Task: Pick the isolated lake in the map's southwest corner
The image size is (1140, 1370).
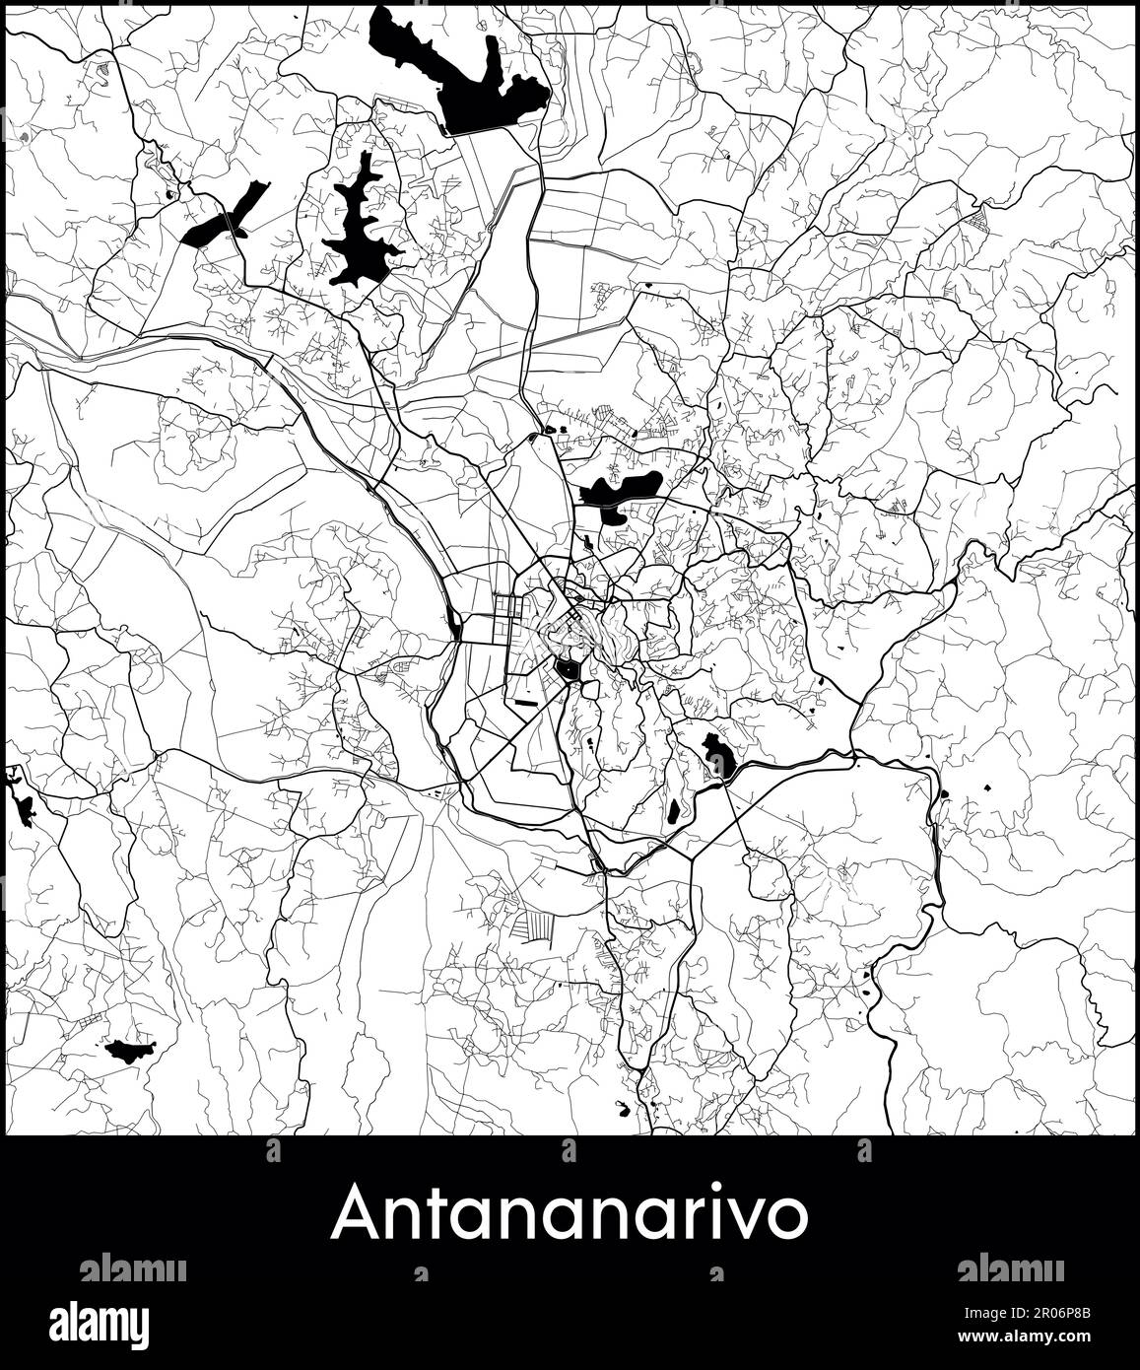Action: coord(130,1051)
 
